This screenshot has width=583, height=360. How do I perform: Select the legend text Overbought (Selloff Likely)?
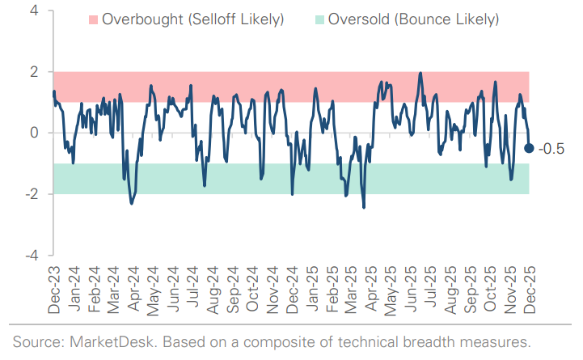[192, 18]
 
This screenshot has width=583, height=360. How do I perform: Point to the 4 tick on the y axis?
[35, 11]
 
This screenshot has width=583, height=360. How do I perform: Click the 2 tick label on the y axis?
[35, 72]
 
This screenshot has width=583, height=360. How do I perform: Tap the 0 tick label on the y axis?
[35, 133]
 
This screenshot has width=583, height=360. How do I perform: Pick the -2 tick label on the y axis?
[32, 194]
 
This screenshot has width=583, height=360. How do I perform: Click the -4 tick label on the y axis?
[32, 255]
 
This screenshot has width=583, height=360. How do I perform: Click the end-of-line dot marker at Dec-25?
[529, 147]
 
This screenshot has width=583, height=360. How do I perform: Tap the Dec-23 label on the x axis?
[54, 290]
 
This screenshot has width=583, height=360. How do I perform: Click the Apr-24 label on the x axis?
[133, 290]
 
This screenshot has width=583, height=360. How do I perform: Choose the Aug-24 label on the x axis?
[213, 290]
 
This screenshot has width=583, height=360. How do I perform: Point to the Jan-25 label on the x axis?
[311, 290]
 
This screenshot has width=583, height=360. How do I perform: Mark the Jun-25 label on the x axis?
[410, 290]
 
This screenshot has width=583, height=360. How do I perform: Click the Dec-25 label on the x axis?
[529, 290]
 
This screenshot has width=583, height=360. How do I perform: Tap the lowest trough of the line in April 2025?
[364, 208]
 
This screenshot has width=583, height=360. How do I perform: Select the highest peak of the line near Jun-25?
[420, 73]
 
